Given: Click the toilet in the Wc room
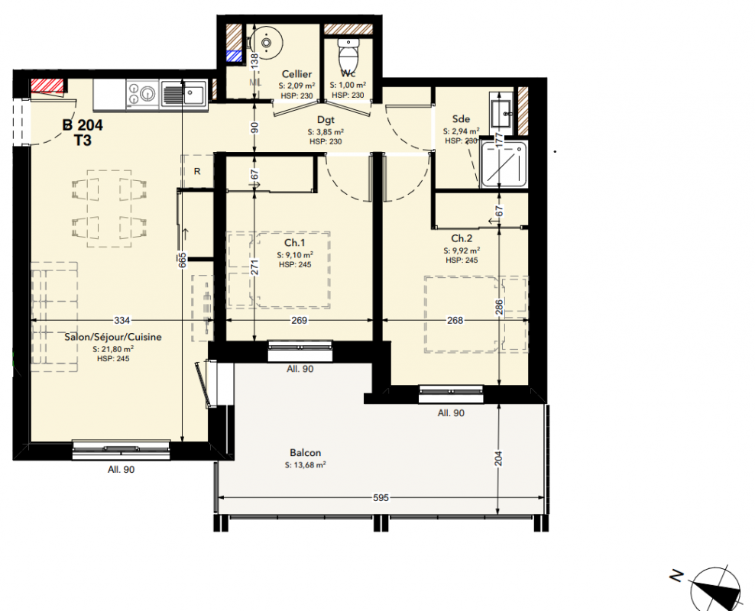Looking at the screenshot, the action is coord(348,54).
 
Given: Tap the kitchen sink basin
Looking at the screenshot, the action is coord(195,92).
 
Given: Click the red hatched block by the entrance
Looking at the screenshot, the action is coord(47,86).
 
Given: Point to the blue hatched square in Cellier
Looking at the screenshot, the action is coord(235,57).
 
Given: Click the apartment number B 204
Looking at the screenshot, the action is coord(83,125).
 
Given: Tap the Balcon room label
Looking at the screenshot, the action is coord(305,453).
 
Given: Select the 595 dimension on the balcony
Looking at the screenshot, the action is coord(381,497).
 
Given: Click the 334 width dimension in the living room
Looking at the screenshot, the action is coord(122,321).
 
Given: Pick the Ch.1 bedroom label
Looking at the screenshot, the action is coord(295,243).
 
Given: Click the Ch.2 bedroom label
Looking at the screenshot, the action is coord(462,238).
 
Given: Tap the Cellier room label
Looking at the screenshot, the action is coord(296,74).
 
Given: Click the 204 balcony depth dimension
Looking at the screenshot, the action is coord(499,458).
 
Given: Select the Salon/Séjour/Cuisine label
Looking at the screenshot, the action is coord(113,338).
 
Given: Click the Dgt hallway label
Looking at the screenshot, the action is coord(326,120).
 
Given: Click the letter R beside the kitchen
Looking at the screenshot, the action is coord(197,172).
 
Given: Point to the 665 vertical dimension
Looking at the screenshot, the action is coord(182,260).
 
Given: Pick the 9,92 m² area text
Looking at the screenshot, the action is coord(462,251).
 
